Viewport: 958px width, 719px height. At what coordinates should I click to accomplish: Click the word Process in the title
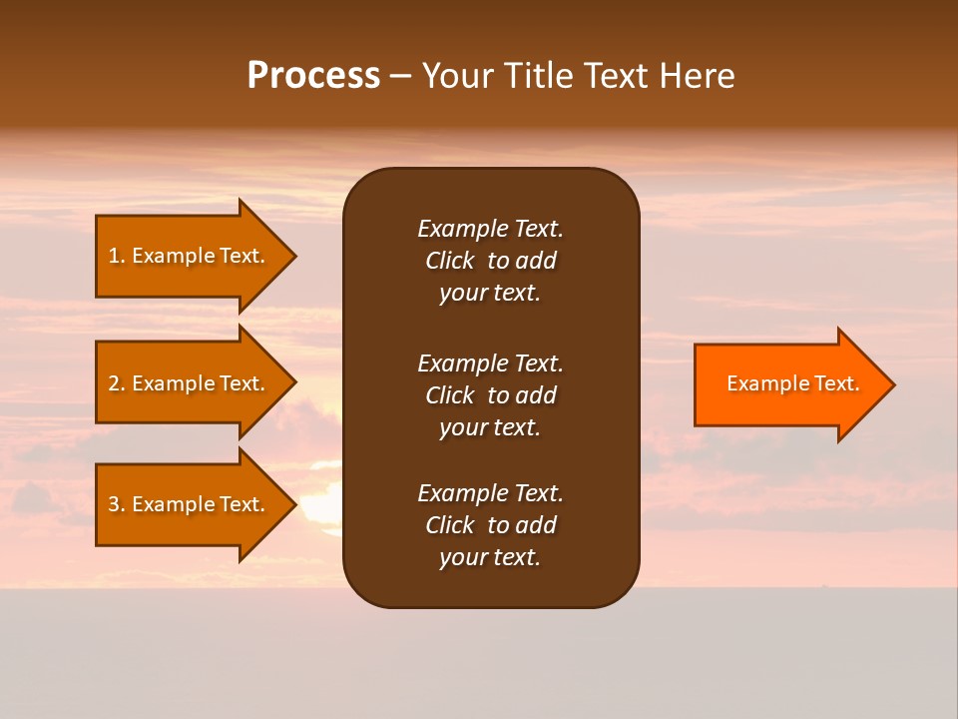click(x=313, y=76)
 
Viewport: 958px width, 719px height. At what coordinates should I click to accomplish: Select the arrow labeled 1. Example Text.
click(x=190, y=256)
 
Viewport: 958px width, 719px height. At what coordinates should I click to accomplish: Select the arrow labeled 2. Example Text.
click(x=190, y=383)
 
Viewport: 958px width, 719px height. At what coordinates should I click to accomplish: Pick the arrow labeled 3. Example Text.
click(x=190, y=504)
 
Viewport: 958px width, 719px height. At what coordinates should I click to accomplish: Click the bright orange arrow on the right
click(x=788, y=383)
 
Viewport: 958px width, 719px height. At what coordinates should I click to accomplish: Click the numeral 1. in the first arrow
click(x=117, y=256)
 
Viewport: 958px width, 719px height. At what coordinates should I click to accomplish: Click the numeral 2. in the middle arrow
click(x=117, y=383)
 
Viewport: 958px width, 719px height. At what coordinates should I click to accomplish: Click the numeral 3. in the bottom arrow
click(x=117, y=504)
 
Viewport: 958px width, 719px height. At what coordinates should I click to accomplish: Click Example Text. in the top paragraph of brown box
click(x=490, y=229)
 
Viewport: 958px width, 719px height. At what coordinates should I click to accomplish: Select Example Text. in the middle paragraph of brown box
click(x=490, y=362)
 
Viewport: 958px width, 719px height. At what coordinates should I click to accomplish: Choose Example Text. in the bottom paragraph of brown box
click(x=490, y=493)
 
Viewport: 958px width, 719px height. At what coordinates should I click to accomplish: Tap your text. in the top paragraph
click(x=490, y=294)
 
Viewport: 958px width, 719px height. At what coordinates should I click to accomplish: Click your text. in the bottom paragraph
click(x=490, y=557)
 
